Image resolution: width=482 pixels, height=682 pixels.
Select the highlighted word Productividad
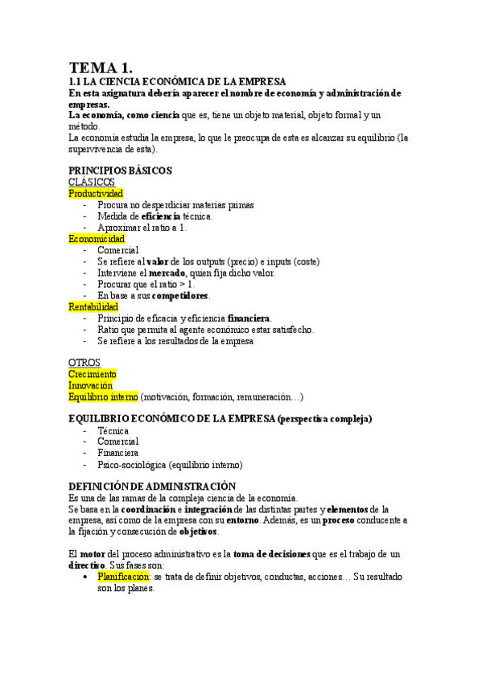96,194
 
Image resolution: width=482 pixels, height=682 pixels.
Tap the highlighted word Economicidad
97,239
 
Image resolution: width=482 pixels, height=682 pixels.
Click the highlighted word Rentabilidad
93,306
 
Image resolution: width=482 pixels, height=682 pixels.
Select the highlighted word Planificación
123,577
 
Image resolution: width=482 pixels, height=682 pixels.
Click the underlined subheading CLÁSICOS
92,183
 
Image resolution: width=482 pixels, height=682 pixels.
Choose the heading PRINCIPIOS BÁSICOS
120,171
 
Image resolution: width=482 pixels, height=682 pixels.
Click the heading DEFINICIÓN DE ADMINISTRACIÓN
151,487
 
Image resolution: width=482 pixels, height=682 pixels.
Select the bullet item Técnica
113,430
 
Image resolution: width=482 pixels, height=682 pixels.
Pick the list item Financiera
118,453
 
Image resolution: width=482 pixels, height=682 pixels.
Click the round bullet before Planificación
86,577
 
